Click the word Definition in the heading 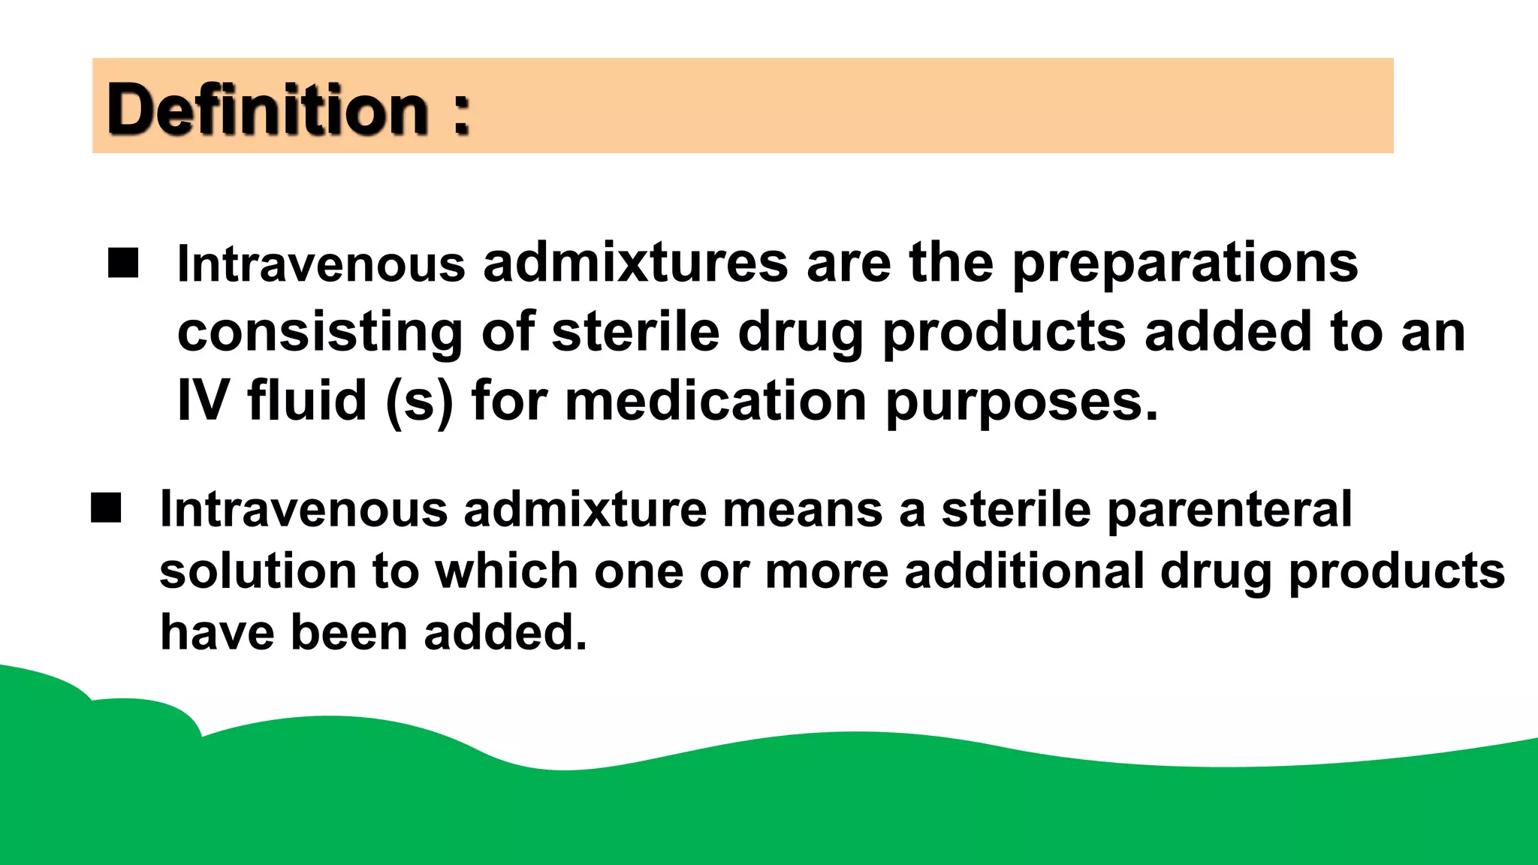click(267, 110)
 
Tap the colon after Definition click(461, 114)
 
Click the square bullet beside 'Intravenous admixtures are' click(123, 264)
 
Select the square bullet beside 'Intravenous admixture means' click(106, 508)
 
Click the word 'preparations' click(1185, 264)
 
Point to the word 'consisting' click(320, 333)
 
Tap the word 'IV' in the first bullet click(202, 400)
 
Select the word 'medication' click(716, 400)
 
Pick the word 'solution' click(258, 571)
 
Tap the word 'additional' click(1024, 571)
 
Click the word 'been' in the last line click(348, 632)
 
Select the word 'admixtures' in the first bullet click(635, 264)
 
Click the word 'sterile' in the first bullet click(635, 333)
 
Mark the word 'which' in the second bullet click(506, 571)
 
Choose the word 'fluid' click(307, 400)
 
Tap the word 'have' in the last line click(217, 632)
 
